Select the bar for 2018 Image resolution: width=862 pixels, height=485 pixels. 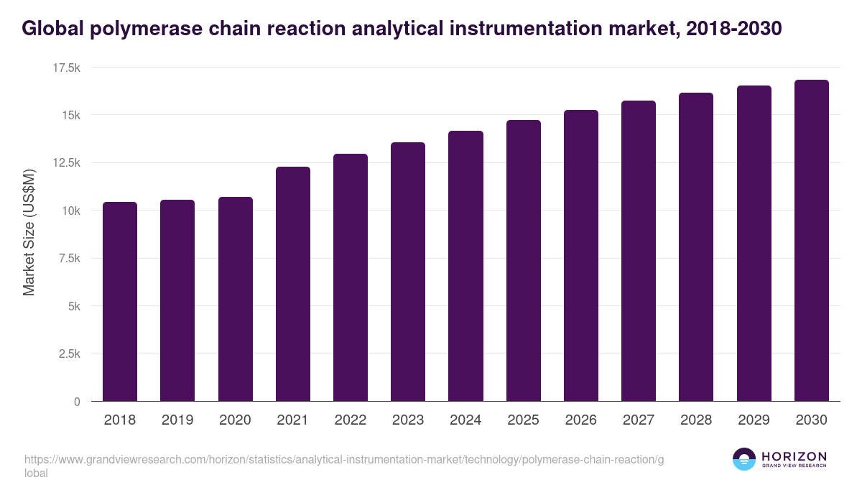click(x=120, y=302)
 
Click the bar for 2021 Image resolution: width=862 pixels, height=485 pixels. click(x=292, y=284)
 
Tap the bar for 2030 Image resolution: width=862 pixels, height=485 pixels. click(x=811, y=241)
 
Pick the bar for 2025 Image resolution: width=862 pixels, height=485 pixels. click(x=523, y=261)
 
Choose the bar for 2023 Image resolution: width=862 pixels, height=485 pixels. click(x=408, y=272)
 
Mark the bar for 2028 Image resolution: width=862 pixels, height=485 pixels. click(x=696, y=247)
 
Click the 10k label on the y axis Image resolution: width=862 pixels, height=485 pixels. click(x=69, y=211)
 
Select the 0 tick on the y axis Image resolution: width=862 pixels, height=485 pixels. click(x=76, y=402)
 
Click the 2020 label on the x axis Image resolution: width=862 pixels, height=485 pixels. click(x=235, y=420)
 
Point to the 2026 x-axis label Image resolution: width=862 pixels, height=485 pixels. click(x=580, y=420)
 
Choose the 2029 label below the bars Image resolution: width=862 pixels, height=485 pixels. click(x=754, y=420)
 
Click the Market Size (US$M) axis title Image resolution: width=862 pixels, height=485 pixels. click(x=29, y=232)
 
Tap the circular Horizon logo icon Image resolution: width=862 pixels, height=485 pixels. click(x=744, y=459)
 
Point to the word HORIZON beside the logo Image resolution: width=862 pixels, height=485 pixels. click(x=794, y=456)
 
